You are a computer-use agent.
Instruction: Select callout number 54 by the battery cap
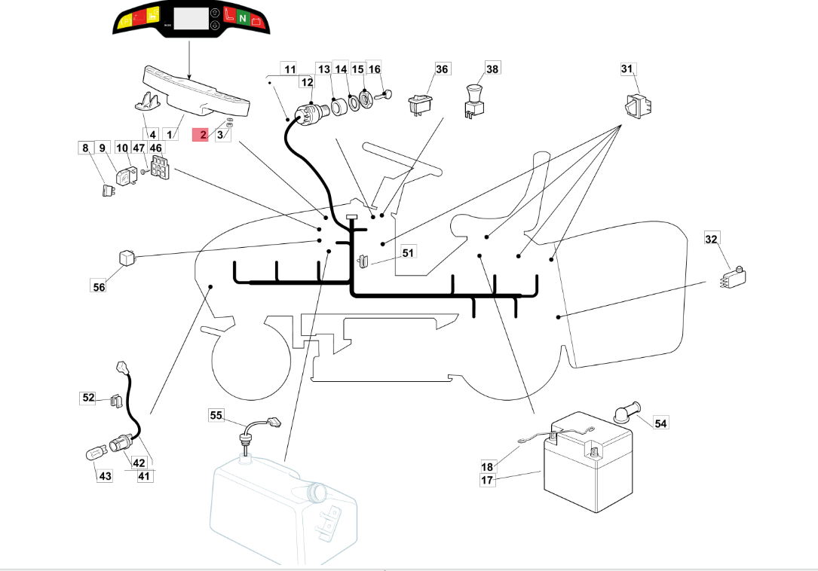pos(660,423)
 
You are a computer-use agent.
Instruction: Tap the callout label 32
pos(712,240)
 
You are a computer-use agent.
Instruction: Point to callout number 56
pos(100,286)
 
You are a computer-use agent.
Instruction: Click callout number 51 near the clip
pos(408,252)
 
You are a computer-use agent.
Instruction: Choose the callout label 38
pos(492,69)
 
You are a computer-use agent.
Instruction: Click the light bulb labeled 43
pos(93,453)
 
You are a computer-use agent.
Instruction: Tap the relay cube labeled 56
pos(127,257)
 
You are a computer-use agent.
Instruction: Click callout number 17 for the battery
pos(487,480)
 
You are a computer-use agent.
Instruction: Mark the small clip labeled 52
pos(116,399)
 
